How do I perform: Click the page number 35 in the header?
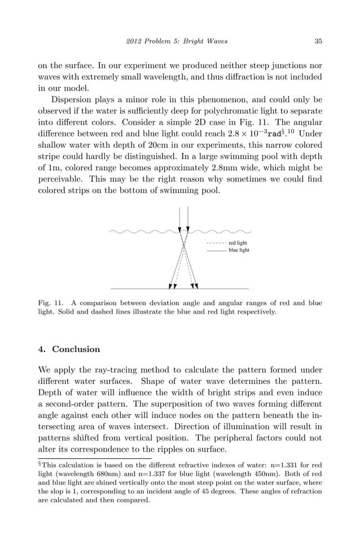[318, 41]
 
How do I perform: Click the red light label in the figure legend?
[238, 243]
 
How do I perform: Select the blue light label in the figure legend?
[238, 250]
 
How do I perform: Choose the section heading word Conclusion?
[76, 349]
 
